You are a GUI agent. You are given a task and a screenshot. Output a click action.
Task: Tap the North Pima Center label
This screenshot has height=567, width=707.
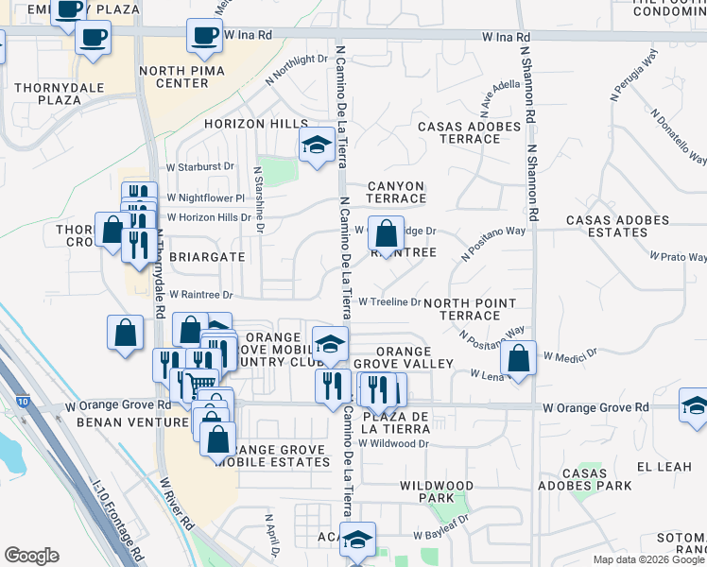[x=182, y=77]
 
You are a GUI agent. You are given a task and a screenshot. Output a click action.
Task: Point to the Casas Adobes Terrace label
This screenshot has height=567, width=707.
[x=469, y=132]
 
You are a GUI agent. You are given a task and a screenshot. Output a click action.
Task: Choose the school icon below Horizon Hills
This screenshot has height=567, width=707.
[x=317, y=146]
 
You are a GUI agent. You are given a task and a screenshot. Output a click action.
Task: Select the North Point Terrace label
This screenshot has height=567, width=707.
[x=470, y=309]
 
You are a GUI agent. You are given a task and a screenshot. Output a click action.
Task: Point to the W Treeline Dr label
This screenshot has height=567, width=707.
[x=389, y=301]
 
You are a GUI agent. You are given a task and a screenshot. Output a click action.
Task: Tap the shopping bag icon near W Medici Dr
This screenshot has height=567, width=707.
[x=518, y=358]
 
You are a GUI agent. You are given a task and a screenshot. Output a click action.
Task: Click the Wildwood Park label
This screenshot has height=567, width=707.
[x=436, y=491]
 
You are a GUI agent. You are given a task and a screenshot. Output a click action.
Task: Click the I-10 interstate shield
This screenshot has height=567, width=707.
[x=24, y=402]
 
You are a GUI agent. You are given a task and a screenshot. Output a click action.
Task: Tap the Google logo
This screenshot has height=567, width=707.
[x=31, y=556]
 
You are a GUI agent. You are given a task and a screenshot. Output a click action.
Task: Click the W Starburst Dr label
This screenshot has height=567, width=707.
[x=201, y=165]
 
